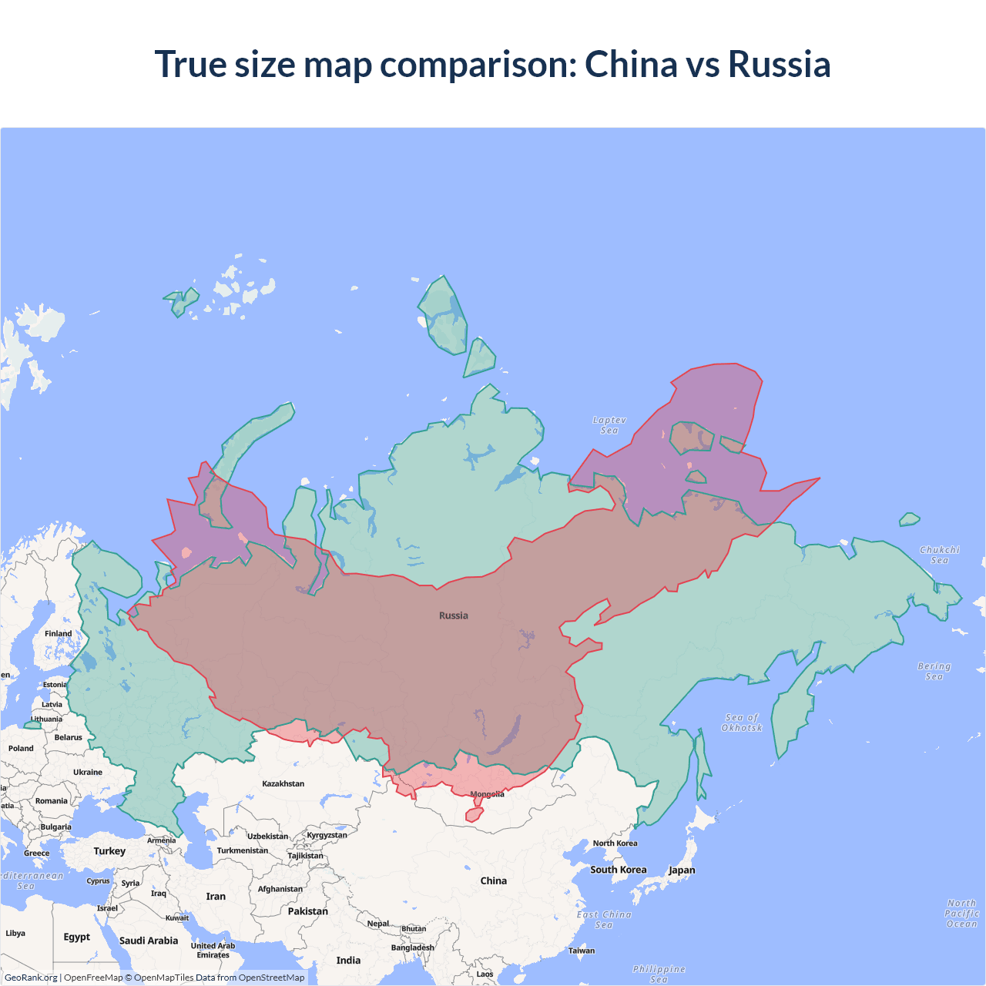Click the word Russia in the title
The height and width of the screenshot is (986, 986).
779,64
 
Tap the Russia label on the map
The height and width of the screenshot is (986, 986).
453,615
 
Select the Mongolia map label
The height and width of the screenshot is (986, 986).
487,794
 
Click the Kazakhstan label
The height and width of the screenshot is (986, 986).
283,783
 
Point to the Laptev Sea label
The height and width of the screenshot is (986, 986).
609,425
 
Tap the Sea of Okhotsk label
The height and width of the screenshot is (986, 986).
742,723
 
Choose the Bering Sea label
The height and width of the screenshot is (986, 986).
934,671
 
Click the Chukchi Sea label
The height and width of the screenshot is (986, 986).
940,555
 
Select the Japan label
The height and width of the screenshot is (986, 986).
682,870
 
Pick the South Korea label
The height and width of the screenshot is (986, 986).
619,870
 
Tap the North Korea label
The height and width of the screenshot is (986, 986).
615,843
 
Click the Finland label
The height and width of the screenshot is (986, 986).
58,633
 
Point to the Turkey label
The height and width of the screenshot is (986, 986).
109,851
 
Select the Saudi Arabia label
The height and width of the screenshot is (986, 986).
149,941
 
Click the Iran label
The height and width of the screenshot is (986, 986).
216,897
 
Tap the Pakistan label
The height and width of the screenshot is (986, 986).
307,911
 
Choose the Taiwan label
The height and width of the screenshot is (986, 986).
582,951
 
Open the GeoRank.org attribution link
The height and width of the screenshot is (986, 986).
31,978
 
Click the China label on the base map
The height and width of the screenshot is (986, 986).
493,880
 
